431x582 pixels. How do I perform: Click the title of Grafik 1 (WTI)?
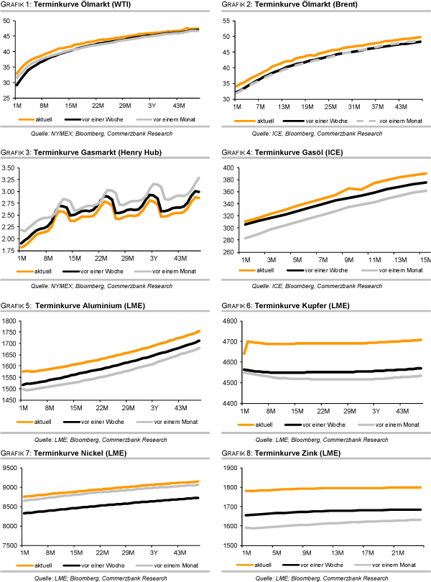point(65,6)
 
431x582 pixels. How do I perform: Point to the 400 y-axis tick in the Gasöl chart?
point(229,167)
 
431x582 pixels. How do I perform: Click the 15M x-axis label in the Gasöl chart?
point(423,259)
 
